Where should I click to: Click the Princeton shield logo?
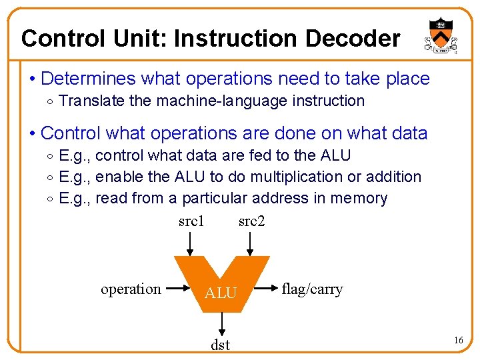pyautogui.click(x=440, y=36)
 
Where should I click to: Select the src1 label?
pyautogui.click(x=191, y=221)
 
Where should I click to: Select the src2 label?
pyautogui.click(x=251, y=221)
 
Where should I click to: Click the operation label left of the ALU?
pyautogui.click(x=131, y=289)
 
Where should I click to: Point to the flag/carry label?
pyautogui.click(x=312, y=289)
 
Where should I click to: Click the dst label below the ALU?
pyautogui.click(x=220, y=345)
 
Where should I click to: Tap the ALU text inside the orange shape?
pyautogui.click(x=221, y=293)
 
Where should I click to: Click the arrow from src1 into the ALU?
pyautogui.click(x=191, y=243)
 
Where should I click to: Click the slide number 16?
pyautogui.click(x=458, y=341)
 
